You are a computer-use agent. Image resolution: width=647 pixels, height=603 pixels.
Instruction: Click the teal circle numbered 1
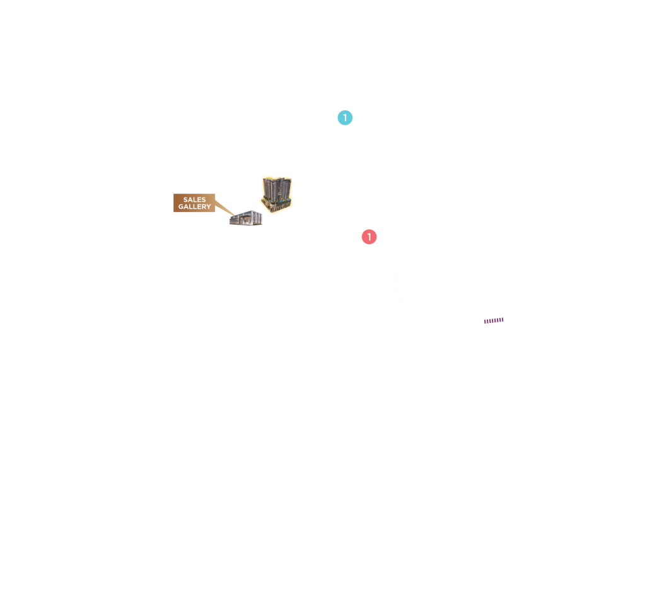(x=345, y=118)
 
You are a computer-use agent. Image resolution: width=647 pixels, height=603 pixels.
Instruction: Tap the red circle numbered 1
(x=369, y=237)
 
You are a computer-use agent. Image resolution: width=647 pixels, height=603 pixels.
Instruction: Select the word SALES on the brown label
(x=194, y=199)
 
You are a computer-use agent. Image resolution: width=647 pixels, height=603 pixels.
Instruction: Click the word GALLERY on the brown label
(x=194, y=207)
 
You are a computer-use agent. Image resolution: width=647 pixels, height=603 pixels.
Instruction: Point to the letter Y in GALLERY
(x=209, y=207)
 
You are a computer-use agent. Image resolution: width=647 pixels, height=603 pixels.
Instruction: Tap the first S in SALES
(x=185, y=199)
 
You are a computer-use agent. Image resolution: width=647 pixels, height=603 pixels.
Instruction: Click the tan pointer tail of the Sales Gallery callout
(x=224, y=208)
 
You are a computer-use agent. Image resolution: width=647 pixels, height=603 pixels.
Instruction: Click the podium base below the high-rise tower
(x=277, y=206)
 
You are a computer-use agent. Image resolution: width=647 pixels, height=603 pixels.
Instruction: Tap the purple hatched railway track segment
(x=494, y=320)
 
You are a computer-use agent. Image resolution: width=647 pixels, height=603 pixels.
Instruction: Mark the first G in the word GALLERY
(x=181, y=207)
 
